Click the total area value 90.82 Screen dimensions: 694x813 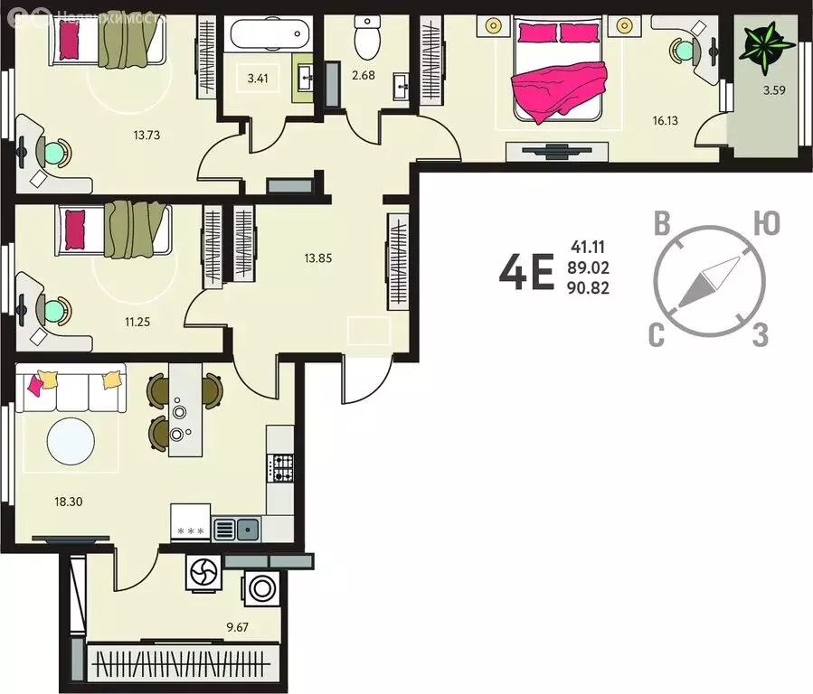pos(590,289)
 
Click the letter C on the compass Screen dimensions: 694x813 pos(658,336)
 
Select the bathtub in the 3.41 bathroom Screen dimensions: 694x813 pos(268,36)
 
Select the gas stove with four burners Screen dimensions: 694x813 pos(281,467)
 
